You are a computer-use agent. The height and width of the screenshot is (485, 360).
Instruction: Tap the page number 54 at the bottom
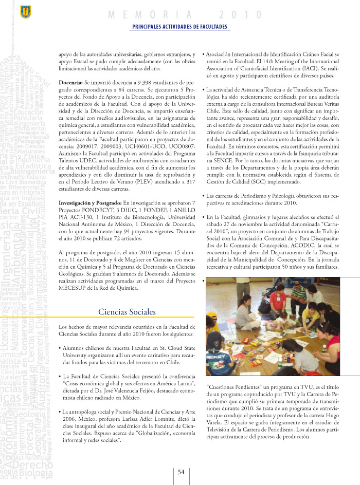[181, 472]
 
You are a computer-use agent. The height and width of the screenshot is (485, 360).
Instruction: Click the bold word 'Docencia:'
[71, 82]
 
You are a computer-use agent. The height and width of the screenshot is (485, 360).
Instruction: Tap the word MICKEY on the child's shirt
[219, 354]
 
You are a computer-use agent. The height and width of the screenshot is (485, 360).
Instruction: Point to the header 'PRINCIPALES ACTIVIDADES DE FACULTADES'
[179, 27]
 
